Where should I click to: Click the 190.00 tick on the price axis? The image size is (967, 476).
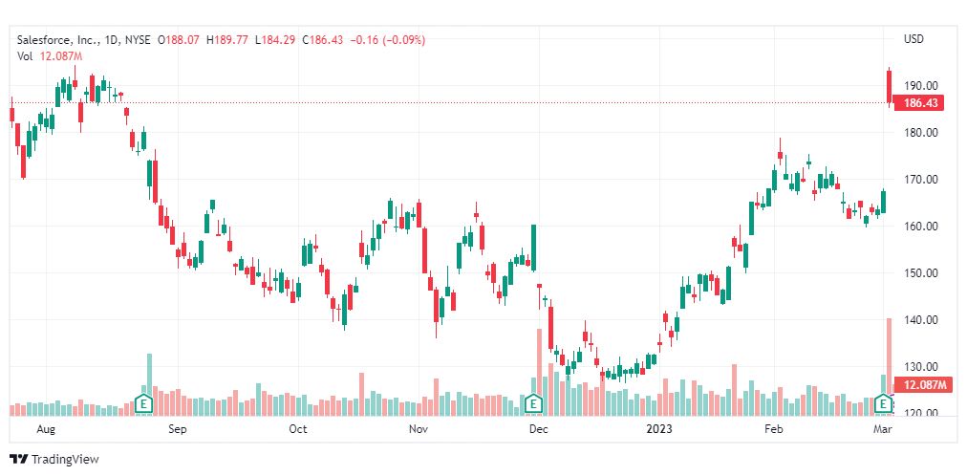coord(921,86)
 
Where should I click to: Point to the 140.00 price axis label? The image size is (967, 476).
coord(921,320)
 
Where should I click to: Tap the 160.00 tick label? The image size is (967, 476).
coord(921,227)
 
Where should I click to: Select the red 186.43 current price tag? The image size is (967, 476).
coord(920,103)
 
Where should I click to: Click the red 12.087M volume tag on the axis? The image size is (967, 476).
coord(920,385)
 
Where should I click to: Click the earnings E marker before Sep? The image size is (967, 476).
coord(143,404)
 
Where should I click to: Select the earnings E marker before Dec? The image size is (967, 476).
coord(533,404)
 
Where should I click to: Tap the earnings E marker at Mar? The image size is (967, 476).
coord(885,404)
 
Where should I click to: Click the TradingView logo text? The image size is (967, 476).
coord(65,460)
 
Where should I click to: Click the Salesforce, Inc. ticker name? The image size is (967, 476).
coord(56,40)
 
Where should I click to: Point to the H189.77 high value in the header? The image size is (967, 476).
coord(227,40)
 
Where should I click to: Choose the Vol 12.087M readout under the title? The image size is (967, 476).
coord(50,56)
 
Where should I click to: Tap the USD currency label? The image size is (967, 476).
coord(913,39)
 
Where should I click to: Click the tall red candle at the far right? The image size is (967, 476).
coord(890,86)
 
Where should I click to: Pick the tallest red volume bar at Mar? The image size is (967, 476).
coord(890,367)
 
